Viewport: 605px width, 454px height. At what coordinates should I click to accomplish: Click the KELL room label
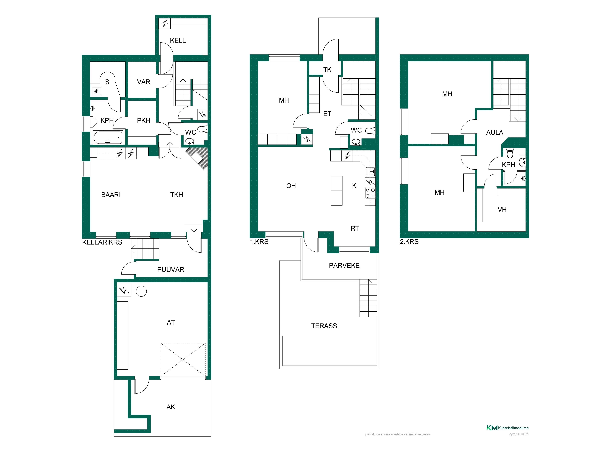tap(178, 41)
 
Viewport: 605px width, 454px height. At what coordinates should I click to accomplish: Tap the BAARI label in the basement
tap(111, 195)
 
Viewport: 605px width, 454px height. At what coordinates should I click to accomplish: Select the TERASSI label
tap(325, 326)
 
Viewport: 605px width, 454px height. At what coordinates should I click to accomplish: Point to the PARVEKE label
tap(344, 265)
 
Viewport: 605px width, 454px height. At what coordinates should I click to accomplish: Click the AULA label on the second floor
tap(494, 133)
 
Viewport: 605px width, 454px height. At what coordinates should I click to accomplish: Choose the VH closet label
tap(502, 210)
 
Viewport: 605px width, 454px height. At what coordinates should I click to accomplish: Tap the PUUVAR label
tap(171, 270)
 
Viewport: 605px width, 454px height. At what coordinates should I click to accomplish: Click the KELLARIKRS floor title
tap(102, 242)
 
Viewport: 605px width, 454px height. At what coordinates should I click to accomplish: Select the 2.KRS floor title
tap(409, 242)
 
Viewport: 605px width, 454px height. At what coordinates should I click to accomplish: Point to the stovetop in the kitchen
tap(370, 193)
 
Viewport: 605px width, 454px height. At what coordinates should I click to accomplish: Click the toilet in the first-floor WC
tap(370, 131)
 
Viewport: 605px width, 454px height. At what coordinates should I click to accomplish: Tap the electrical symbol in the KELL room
tap(165, 24)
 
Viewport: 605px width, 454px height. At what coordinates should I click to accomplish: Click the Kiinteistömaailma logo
tap(507, 428)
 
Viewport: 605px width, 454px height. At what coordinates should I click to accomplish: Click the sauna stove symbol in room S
tap(96, 91)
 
